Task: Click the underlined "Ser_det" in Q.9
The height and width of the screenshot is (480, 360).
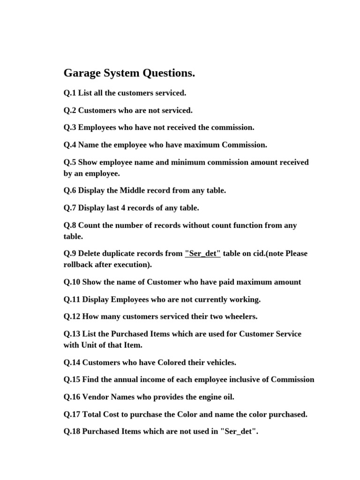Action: (202, 254)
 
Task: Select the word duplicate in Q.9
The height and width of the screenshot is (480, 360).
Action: (121, 254)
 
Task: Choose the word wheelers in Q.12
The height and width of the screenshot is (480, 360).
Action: (240, 316)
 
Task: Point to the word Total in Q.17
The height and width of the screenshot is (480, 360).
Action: (92, 414)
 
